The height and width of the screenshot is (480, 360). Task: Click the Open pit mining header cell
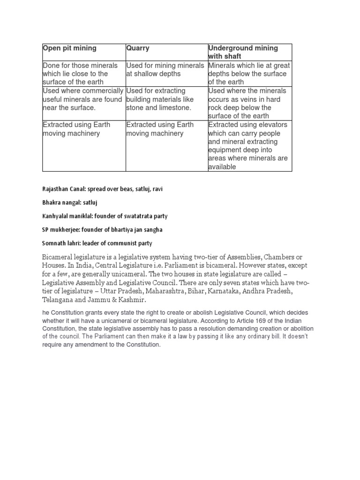(x=69, y=48)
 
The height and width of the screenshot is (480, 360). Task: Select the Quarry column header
(x=138, y=48)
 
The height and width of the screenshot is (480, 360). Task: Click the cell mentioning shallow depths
(x=165, y=69)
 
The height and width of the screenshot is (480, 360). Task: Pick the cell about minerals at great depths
(x=249, y=74)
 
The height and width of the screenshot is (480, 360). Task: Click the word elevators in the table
(x=271, y=125)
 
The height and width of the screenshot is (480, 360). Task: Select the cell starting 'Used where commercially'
(x=83, y=99)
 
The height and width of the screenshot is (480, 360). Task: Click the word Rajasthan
(x=55, y=189)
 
